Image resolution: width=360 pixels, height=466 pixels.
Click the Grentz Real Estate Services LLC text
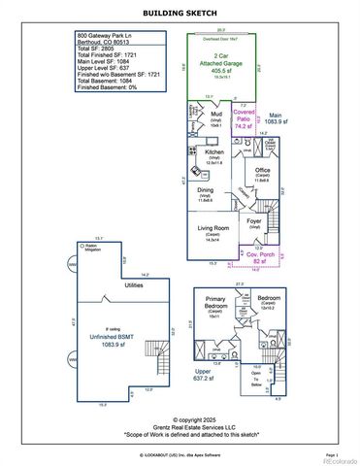click(x=180, y=426)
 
